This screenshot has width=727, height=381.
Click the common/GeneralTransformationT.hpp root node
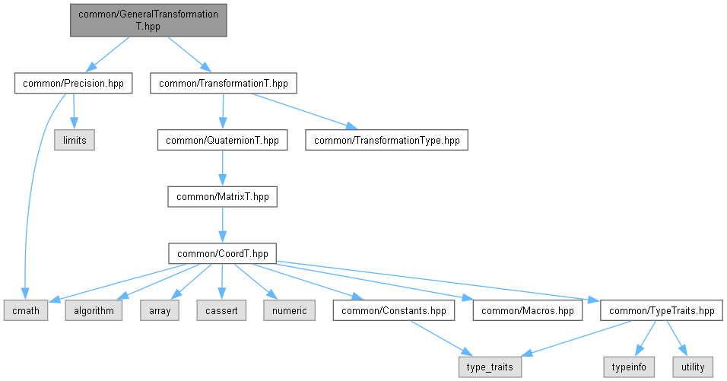[148, 21]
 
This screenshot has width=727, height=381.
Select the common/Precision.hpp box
[73, 84]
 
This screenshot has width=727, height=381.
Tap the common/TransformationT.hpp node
[224, 84]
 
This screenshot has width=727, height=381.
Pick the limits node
[75, 140]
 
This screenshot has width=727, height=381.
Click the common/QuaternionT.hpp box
[222, 140]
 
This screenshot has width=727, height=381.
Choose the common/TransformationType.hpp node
[386, 140]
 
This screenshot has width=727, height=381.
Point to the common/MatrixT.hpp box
[223, 196]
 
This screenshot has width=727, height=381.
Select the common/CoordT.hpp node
[223, 253]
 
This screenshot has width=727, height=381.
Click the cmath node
[26, 310]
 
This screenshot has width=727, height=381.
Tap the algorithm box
[94, 310]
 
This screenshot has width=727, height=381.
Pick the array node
[160, 310]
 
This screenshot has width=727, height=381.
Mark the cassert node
[221, 310]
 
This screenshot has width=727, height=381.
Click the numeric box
[290, 310]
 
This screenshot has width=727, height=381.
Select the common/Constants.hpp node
[394, 310]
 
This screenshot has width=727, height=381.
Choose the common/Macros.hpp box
[528, 310]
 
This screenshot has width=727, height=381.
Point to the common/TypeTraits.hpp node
[662, 310]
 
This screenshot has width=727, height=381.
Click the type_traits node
[490, 367]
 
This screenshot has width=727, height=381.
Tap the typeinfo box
[629, 367]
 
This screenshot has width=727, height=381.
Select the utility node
[693, 367]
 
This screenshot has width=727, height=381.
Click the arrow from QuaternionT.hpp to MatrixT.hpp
[223, 168]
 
